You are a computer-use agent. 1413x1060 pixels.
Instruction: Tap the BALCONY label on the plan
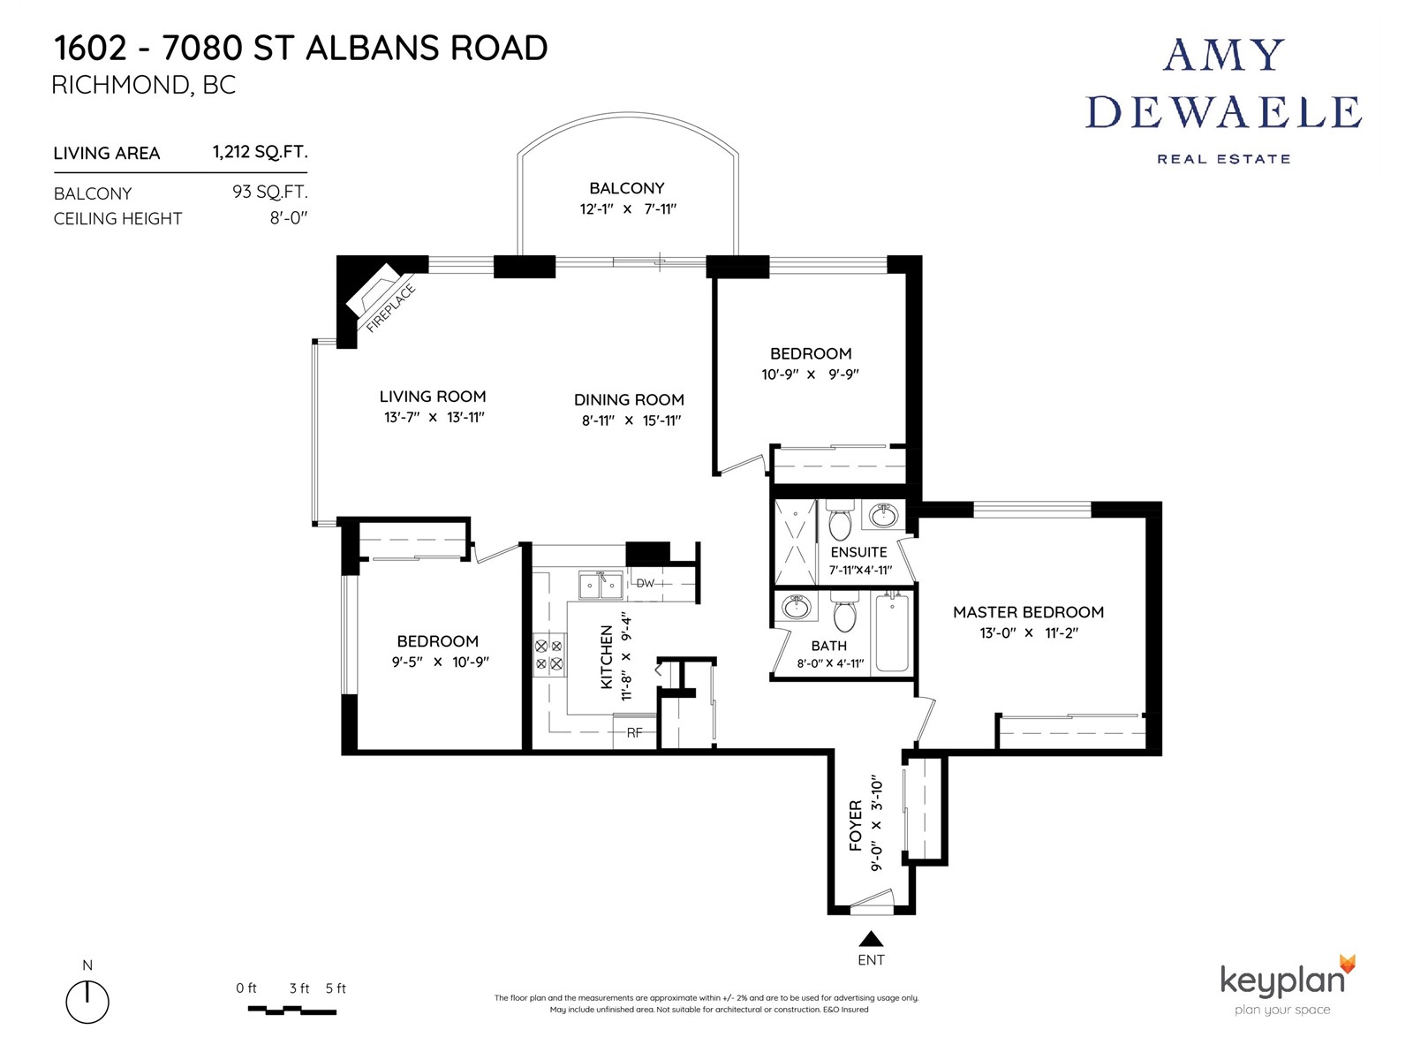point(626,188)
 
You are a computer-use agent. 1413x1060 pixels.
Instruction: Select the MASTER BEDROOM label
point(1028,612)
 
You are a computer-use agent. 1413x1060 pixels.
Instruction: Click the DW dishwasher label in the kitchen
point(645,583)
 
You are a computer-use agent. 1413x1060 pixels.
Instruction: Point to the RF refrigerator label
point(634,732)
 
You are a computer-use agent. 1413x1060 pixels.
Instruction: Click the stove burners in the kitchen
point(549,655)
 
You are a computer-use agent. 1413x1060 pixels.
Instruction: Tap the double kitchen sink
point(601,585)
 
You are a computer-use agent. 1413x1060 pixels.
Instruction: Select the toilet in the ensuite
point(839,520)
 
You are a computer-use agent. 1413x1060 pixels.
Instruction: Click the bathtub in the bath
point(892,633)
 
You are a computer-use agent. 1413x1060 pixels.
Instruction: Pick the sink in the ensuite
point(883,515)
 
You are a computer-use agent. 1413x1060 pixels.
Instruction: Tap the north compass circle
point(87,1002)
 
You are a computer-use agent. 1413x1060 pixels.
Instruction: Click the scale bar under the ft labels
point(292,1010)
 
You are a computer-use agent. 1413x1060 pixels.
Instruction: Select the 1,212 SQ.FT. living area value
point(260,152)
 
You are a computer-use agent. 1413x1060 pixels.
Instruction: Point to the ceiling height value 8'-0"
point(289,218)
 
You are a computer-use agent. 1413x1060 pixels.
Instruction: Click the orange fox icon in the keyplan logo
point(1348,964)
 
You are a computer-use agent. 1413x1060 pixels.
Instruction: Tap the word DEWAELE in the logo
point(1223,112)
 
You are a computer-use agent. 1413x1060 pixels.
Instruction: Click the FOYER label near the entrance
point(855,826)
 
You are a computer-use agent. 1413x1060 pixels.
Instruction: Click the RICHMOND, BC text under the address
point(144,85)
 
